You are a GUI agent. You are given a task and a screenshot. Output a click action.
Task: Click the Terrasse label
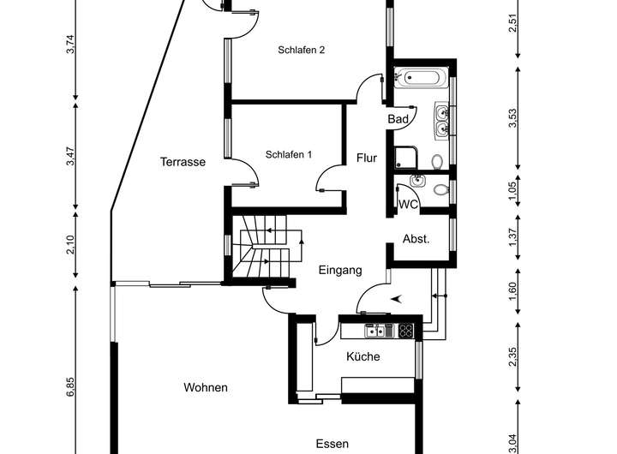[183, 162]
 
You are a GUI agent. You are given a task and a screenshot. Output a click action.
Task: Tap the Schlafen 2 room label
[301, 50]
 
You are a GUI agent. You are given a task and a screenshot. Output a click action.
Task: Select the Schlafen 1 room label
[289, 154]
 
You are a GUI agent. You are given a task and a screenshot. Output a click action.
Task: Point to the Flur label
[367, 158]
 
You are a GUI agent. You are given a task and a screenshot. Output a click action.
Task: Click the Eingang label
[340, 271]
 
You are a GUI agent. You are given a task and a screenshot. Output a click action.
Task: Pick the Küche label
[362, 356]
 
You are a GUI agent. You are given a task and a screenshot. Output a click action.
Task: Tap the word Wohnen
[206, 387]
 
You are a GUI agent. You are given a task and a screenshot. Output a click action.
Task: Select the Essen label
[332, 444]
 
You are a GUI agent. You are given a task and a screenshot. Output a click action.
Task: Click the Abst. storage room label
[416, 239]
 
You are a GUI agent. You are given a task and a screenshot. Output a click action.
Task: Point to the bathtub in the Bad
[421, 77]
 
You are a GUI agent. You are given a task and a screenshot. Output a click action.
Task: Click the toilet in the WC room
[441, 190]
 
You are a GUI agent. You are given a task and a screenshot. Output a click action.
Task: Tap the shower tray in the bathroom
[406, 158]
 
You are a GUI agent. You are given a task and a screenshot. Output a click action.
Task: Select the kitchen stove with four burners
[405, 331]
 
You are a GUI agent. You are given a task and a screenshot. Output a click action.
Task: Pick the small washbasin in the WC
[417, 181]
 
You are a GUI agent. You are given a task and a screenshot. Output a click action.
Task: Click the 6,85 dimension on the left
[70, 387]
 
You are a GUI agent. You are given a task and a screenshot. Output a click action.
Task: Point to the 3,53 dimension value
[512, 118]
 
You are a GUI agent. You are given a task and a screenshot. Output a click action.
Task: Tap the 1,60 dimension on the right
[512, 291]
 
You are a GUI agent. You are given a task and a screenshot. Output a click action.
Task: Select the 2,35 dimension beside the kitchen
[512, 357]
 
